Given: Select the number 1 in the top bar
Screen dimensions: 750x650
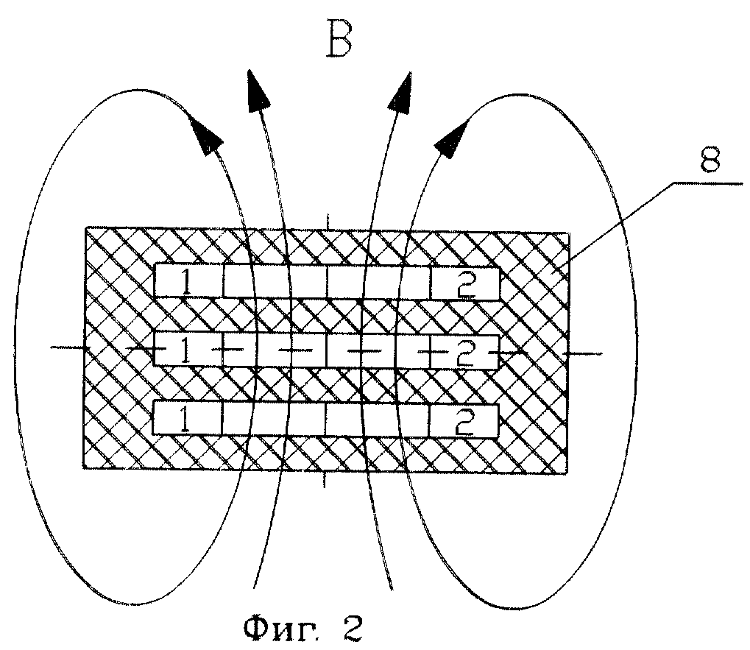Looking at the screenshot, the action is (188, 283).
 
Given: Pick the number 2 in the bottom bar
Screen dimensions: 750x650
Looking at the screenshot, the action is (464, 422).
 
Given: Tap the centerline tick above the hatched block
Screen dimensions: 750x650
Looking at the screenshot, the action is (328, 221).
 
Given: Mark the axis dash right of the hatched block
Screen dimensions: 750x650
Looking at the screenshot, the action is (581, 354).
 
